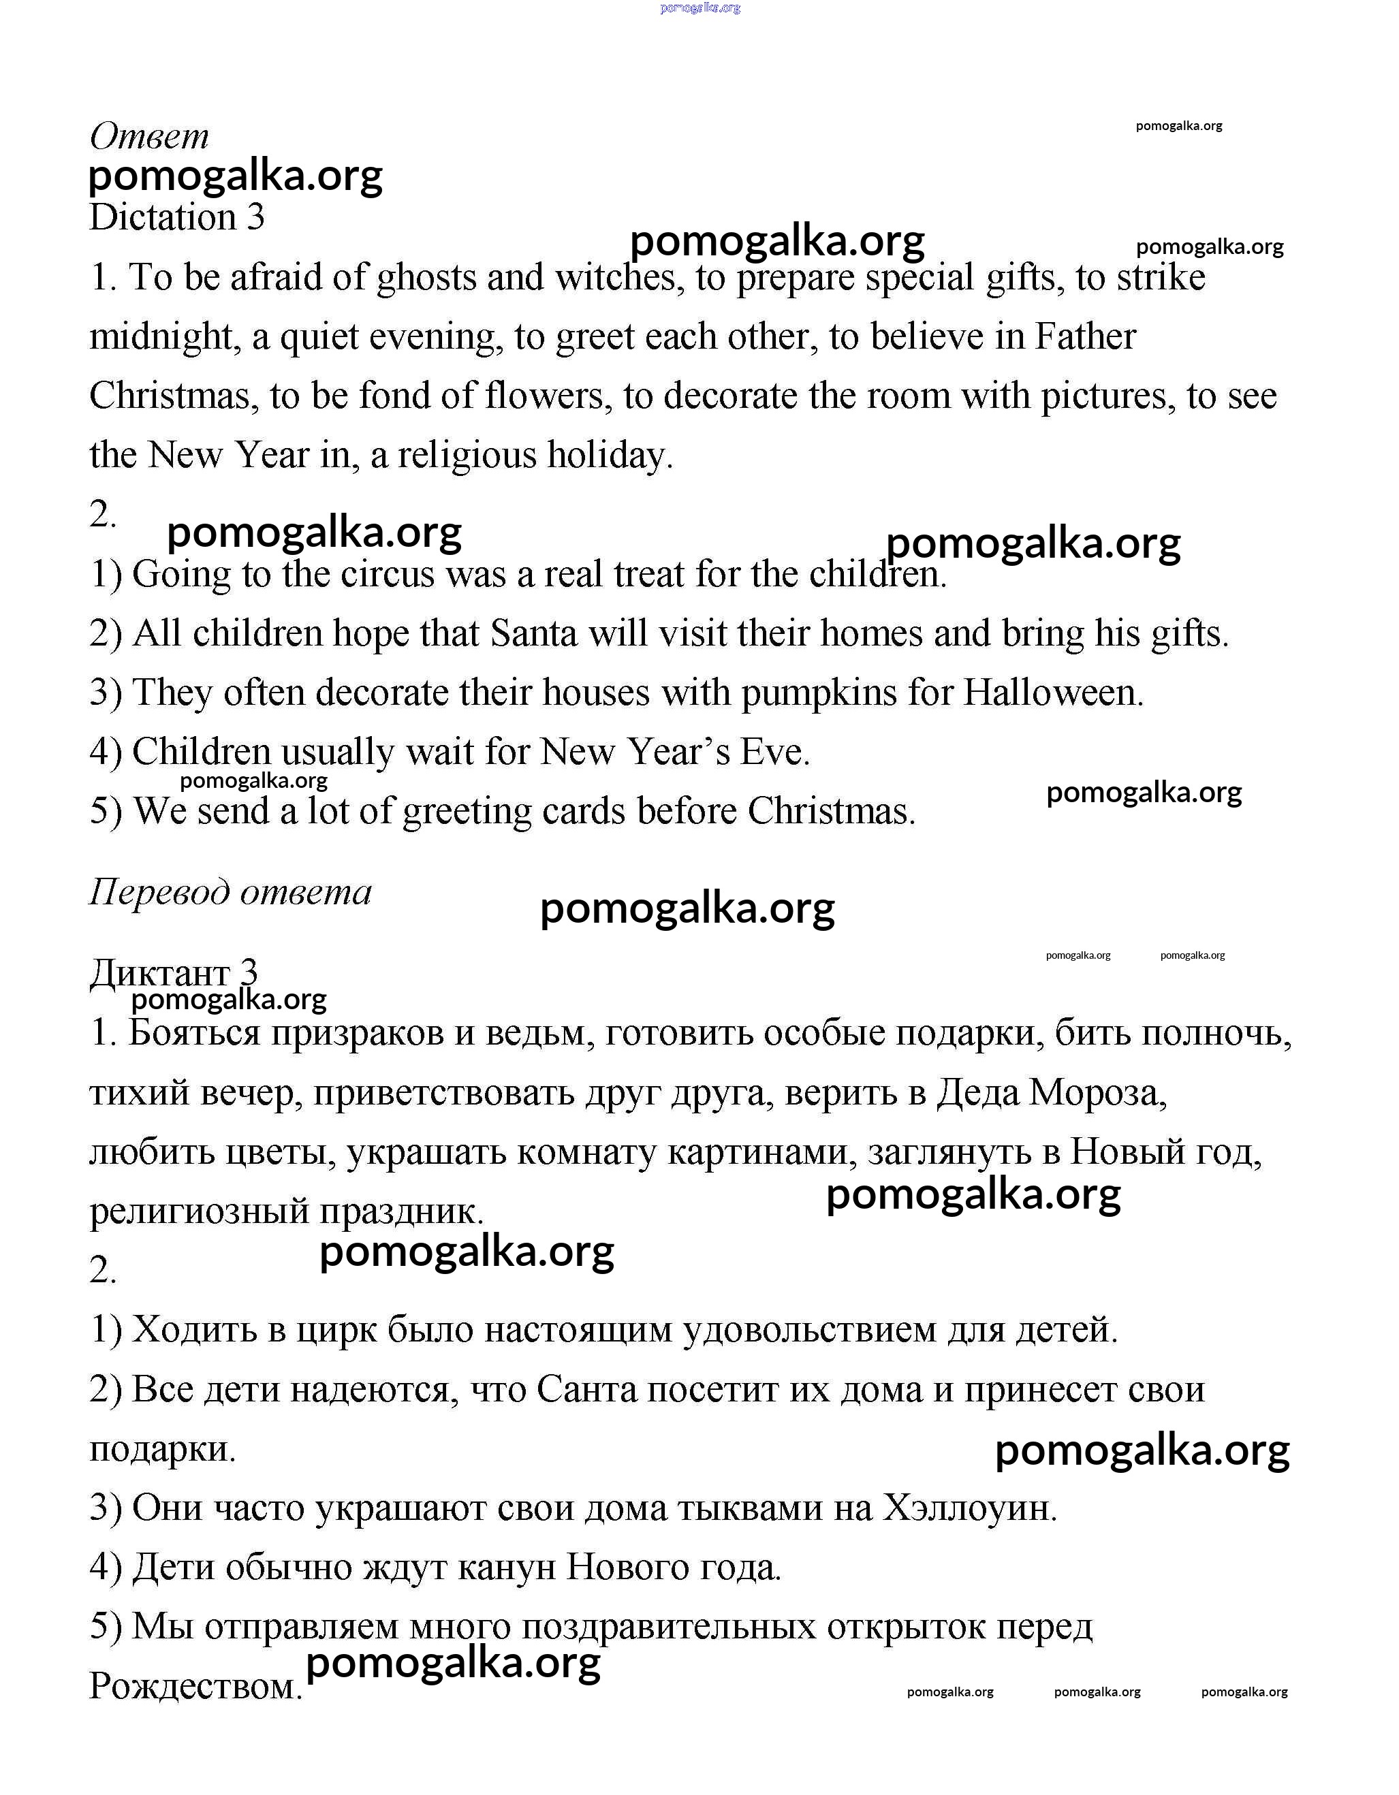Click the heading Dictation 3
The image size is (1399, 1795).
pos(176,218)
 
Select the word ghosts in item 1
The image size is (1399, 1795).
pos(426,278)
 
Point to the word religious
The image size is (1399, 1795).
pos(466,456)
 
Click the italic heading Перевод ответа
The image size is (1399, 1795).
pos(230,892)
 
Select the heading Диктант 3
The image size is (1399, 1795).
pos(174,973)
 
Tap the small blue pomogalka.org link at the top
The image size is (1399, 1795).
pos(700,7)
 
